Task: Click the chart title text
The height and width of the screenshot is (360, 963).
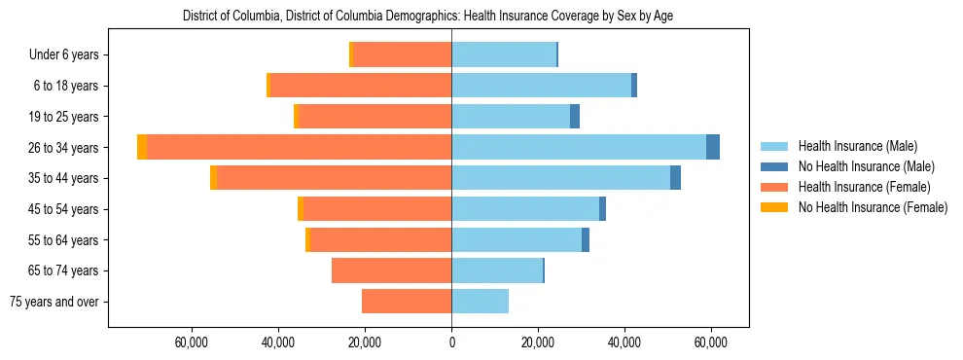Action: click(x=428, y=16)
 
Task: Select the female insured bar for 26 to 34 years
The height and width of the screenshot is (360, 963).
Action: click(x=299, y=147)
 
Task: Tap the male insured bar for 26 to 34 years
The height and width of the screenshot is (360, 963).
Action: click(x=579, y=147)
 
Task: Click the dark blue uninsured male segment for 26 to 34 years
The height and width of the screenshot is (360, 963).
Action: click(x=713, y=147)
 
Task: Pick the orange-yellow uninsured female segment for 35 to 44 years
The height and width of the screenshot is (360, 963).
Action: click(x=213, y=178)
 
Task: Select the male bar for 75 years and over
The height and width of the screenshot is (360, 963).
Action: click(x=480, y=302)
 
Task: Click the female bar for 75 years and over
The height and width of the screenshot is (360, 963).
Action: click(x=407, y=302)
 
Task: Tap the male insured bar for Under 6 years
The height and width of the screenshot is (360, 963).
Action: click(x=503, y=54)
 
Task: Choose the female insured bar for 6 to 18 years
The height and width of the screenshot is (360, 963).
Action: click(x=360, y=86)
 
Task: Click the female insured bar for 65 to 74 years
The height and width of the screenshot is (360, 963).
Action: click(x=391, y=270)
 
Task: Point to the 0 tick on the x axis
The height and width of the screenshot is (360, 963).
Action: click(x=451, y=342)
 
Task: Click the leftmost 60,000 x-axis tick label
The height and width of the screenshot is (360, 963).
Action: click(x=192, y=342)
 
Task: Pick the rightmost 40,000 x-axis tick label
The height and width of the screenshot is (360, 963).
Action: click(x=624, y=342)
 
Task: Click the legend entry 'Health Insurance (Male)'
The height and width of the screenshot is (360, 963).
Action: click(x=857, y=146)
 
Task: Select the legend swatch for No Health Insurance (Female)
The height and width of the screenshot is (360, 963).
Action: click(x=774, y=207)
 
